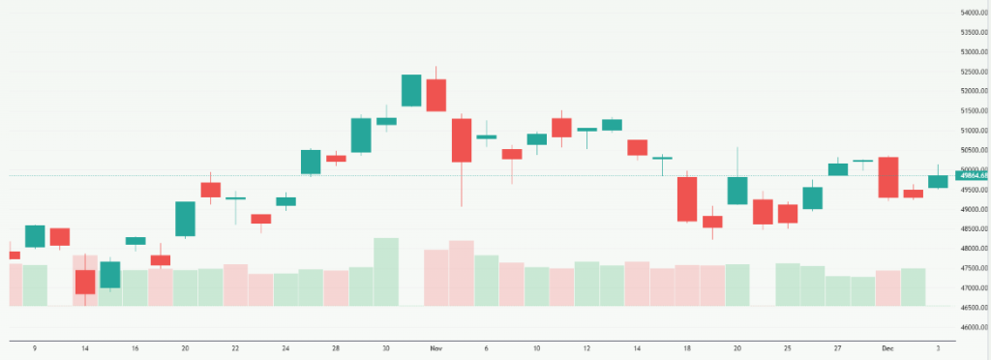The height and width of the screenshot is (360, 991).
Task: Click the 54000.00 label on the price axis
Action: [x=972, y=12]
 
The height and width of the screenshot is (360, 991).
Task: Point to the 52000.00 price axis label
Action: [x=972, y=91]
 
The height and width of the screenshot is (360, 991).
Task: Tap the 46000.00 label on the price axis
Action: [x=972, y=328]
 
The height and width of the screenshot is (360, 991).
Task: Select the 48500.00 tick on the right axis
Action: [x=972, y=229]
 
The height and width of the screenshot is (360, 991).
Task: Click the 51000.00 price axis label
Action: [x=972, y=131]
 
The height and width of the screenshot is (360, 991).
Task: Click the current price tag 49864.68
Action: [x=972, y=175]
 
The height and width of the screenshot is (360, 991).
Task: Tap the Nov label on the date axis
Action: [x=435, y=346]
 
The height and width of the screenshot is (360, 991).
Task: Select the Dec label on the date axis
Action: [x=887, y=346]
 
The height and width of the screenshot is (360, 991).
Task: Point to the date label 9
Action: [x=35, y=346]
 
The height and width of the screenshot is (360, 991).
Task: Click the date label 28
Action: [x=336, y=346]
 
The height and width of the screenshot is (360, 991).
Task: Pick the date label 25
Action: [x=788, y=346]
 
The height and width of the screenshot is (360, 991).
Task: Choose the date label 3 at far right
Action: [x=938, y=346]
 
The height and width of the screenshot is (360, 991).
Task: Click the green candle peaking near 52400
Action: [x=411, y=90]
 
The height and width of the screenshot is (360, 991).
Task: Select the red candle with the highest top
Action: [x=436, y=95]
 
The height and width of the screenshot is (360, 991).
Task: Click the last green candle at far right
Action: [x=938, y=181]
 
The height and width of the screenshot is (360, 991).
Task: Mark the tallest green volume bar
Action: [x=386, y=272]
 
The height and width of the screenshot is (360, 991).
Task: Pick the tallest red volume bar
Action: [x=462, y=273]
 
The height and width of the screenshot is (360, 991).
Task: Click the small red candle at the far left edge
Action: [x=14, y=255]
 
